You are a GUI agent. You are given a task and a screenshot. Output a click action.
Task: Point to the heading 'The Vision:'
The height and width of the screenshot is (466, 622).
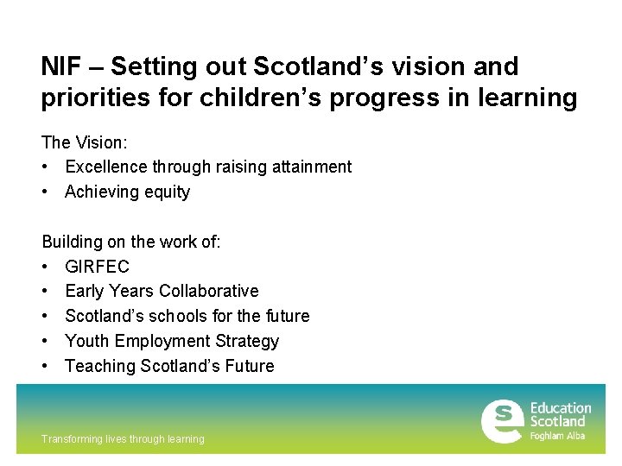point(84,142)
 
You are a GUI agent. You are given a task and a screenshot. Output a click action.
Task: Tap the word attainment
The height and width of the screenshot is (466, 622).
point(311,167)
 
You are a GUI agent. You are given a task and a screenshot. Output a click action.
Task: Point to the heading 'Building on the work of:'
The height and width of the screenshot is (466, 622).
point(131,242)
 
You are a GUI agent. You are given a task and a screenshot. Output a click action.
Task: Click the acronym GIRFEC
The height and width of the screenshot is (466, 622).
point(97,267)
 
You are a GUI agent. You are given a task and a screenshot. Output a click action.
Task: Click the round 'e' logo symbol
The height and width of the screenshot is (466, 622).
point(502,422)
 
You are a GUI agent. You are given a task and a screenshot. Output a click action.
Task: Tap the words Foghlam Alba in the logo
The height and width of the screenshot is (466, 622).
point(557,436)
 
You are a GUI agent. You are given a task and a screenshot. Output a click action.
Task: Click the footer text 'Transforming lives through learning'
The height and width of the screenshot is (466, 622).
point(123,439)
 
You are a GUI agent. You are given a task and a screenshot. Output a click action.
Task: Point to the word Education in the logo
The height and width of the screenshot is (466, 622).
point(561,408)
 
